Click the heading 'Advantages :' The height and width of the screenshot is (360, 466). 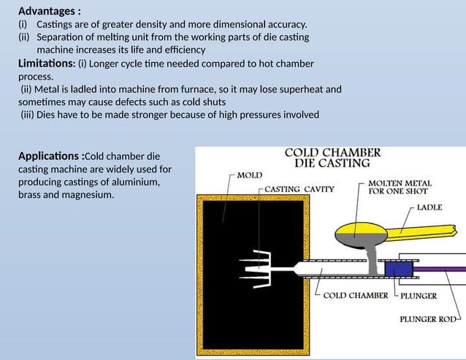[50, 11]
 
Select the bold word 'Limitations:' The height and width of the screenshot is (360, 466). [46, 64]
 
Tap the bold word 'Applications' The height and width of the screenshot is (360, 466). [49, 156]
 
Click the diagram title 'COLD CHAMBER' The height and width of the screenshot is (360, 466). [332, 153]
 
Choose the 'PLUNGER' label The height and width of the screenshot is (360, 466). [419, 296]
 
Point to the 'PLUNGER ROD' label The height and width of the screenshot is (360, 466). [428, 318]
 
